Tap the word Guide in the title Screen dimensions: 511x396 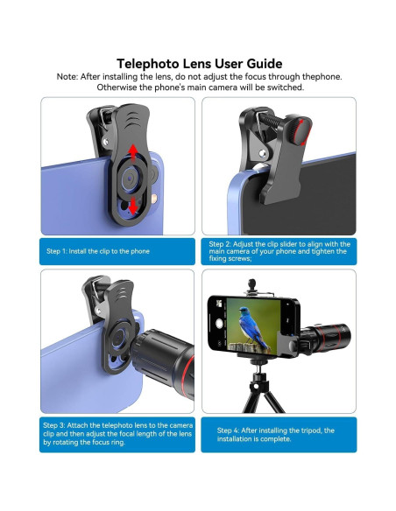[261, 63]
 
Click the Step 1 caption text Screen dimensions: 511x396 [97, 251]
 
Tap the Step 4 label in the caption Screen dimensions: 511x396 [229, 430]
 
